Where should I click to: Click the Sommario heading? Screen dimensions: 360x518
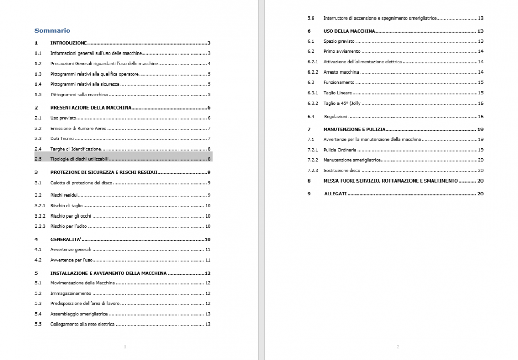pos(52,30)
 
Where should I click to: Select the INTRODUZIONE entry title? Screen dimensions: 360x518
pos(68,43)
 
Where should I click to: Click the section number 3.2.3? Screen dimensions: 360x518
pos(40,226)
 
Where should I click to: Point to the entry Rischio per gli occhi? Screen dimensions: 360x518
pos(69,216)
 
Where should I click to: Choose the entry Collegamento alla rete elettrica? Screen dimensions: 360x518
pos(82,325)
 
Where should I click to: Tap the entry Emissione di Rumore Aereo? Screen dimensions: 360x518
pos(79,128)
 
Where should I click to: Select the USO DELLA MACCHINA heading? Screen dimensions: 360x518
pos(349,31)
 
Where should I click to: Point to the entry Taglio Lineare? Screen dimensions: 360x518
pos(337,93)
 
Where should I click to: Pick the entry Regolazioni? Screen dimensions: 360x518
pos(335,117)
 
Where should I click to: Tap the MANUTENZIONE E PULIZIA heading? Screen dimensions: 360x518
pos(354,129)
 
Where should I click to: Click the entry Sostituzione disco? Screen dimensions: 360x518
pos(342,170)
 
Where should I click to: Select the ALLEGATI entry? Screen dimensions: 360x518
pos(335,194)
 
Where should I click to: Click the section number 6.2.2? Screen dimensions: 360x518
pos(313,72)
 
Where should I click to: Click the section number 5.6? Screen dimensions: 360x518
pos(311,18)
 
